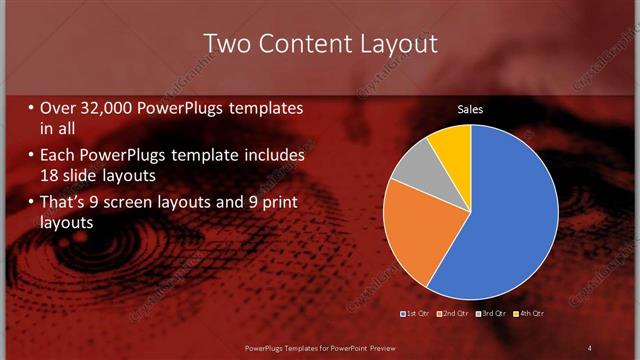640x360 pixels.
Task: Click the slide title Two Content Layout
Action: click(x=320, y=44)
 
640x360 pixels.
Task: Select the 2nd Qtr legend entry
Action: click(x=452, y=313)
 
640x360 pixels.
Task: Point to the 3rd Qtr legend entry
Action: click(x=491, y=313)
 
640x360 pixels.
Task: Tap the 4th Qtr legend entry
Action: click(x=529, y=313)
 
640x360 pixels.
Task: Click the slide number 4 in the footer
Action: click(x=589, y=347)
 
